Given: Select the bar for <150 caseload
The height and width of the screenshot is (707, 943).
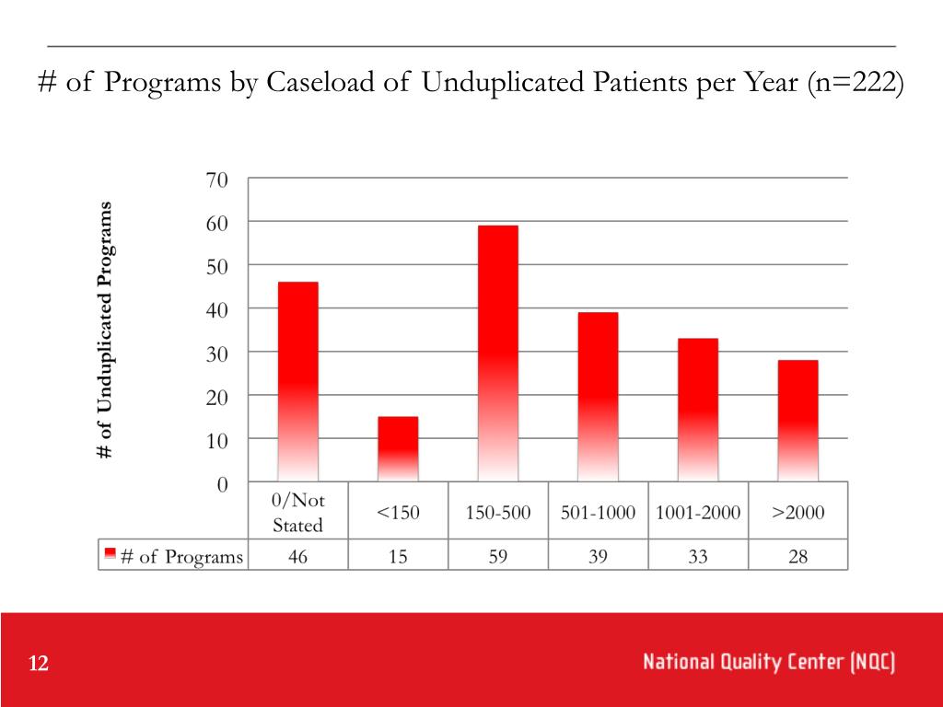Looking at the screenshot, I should (x=398, y=448).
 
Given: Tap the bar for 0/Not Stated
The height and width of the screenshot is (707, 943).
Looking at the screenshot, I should (x=298, y=381).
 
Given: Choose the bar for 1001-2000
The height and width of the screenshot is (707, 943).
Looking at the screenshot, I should (x=698, y=409).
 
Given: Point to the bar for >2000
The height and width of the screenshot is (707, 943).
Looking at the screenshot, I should (x=797, y=420).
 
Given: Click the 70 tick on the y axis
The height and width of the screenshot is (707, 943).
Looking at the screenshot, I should (x=216, y=180).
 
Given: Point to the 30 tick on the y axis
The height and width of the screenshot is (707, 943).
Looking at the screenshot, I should (x=216, y=353).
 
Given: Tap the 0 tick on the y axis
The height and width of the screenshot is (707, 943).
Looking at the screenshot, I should (x=222, y=483).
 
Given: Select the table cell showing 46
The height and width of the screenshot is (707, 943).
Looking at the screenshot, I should (x=298, y=556).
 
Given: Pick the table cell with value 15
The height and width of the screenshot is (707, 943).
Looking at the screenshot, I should (x=398, y=556).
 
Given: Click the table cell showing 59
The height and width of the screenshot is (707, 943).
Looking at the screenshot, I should (x=498, y=556).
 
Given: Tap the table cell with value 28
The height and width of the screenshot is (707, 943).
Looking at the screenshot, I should (x=797, y=556).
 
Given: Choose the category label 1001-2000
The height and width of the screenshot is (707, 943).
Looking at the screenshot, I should (x=698, y=513).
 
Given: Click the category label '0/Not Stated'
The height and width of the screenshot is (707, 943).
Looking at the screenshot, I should (x=298, y=513).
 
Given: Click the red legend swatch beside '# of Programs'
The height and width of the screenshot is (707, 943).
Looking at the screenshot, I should (x=110, y=554).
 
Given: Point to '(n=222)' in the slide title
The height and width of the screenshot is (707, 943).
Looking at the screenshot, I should (x=856, y=83).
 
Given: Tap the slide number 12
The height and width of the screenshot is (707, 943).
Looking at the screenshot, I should (x=39, y=665).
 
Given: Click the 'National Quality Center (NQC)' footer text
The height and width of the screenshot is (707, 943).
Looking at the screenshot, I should (x=769, y=662).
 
